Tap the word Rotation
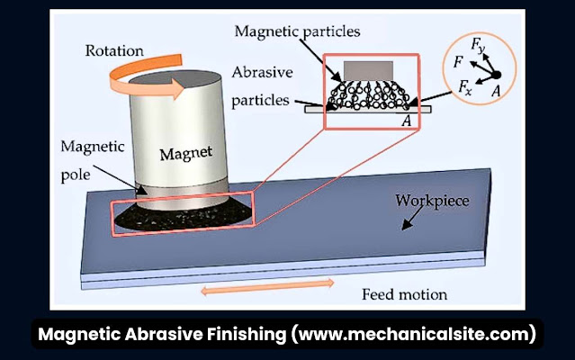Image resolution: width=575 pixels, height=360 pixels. [114, 50]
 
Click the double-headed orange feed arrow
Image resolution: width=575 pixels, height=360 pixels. [266, 286]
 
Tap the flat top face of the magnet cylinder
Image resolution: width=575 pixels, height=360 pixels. [169, 76]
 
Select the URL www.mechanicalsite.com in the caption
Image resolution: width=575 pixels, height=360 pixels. [413, 335]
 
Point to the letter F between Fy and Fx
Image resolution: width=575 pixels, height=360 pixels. [459, 64]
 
